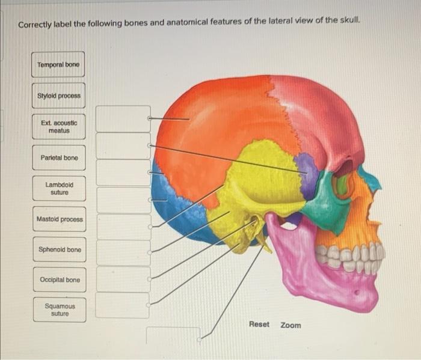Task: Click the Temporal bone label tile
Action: pos(58,64)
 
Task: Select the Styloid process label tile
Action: pos(58,96)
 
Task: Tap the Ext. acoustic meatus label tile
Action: pos(58,126)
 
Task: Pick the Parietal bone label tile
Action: pos(58,157)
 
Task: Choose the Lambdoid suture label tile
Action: pos(58,189)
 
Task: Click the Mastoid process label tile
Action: pos(59,219)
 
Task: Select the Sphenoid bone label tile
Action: pos(59,249)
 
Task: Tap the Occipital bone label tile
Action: pos(59,280)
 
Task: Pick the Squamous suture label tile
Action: pos(59,310)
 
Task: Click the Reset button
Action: pos(259,325)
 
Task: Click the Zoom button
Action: pos(291,325)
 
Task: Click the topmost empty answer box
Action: pos(123,119)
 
